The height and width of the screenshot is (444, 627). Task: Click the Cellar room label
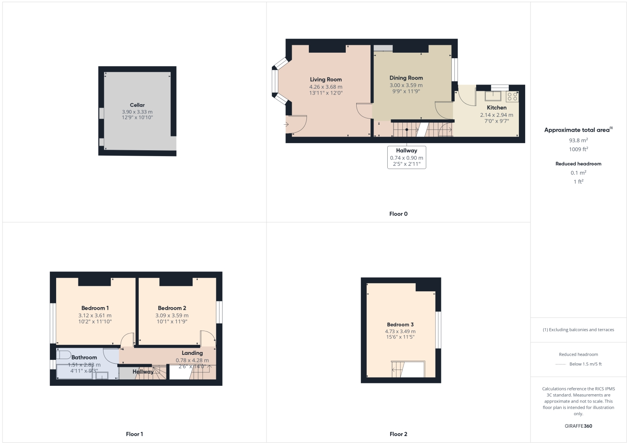pos(137,105)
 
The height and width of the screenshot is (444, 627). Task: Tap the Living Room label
pos(326,80)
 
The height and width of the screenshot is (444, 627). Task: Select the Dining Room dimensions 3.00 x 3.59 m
pos(406,85)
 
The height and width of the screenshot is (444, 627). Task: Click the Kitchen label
pos(496,108)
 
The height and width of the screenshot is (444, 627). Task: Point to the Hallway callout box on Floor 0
pos(407,157)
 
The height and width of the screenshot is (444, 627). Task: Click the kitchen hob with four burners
pos(512,97)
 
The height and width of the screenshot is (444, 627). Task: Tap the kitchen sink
pos(493,96)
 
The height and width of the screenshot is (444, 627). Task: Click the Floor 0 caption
pos(398,214)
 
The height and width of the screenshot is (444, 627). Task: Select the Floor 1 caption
pos(134,434)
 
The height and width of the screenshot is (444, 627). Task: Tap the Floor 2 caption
pos(398,434)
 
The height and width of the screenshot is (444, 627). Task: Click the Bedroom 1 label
pos(95,308)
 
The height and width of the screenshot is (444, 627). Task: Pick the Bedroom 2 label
pos(172,308)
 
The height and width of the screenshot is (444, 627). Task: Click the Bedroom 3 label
pos(400,325)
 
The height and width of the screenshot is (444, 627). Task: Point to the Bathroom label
pos(84,357)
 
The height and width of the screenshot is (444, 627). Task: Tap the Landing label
pos(192,353)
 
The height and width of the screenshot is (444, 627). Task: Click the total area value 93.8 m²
pos(578,141)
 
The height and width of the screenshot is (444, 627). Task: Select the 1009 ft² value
pos(578,149)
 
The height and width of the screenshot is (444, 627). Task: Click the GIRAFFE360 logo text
pos(578,426)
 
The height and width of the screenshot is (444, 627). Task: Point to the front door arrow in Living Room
pos(286,124)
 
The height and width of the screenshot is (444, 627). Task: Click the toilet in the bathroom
pos(64,355)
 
